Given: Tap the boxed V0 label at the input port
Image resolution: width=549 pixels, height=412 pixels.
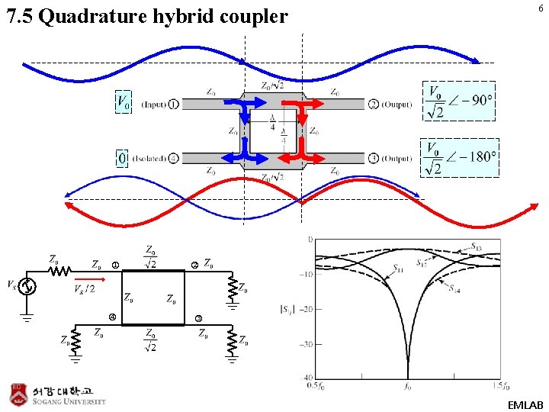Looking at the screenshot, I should pos(123,102).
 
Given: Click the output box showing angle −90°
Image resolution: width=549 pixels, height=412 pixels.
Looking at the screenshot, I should pos(459,101).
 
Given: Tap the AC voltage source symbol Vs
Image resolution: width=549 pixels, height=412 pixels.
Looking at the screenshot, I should pos(27,286).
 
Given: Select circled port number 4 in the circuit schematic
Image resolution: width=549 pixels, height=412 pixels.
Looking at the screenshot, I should pos(111,317).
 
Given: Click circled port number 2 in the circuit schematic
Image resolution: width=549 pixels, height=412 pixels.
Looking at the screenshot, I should pos(194,265).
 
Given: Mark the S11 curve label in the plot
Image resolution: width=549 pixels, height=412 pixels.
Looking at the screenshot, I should pos(400,269).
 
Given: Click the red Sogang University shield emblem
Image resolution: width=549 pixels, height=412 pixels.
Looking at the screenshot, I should pos(18,394).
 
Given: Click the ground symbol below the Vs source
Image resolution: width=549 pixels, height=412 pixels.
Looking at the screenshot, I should pos(27,314).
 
